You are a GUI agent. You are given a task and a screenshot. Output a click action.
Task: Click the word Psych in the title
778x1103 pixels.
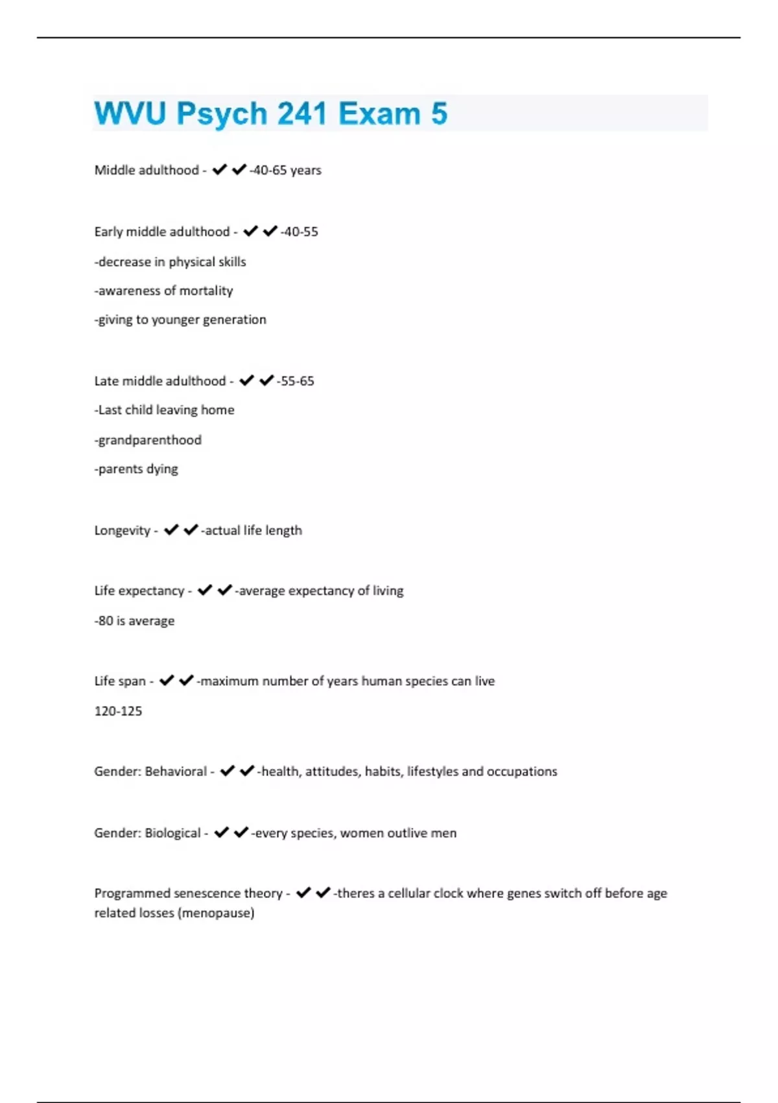222,114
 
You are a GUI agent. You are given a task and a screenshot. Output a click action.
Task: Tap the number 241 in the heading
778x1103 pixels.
302,114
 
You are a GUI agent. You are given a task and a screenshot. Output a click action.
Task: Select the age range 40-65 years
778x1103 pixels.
287,170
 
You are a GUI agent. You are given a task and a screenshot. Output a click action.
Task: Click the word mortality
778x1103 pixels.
206,291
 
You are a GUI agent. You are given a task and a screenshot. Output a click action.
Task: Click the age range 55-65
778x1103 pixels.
297,381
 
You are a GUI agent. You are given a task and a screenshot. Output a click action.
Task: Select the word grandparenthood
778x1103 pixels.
149,440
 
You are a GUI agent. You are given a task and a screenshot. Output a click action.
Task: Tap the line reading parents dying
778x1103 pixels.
137,468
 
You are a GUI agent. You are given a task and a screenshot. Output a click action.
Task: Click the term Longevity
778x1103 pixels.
123,530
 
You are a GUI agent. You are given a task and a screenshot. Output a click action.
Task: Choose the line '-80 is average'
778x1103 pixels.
135,620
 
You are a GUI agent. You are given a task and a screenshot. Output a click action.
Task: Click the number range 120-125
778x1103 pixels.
118,710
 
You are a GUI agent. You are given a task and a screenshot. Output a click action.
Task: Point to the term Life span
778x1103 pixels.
120,681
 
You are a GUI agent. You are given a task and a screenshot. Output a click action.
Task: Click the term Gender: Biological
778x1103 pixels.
147,832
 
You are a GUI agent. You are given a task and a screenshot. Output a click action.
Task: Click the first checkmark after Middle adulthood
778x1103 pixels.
220,169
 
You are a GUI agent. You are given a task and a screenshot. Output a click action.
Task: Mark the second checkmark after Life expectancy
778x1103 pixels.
224,590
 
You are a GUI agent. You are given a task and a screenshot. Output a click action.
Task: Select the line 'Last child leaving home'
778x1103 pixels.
165,409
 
